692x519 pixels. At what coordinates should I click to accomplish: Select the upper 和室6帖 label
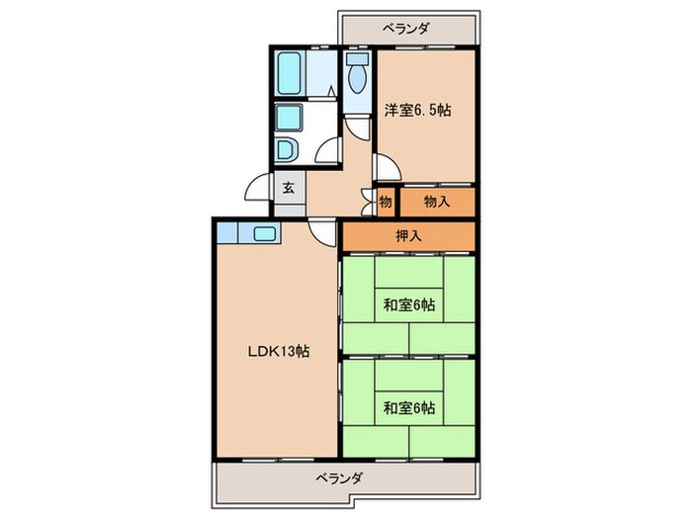[x=408, y=306]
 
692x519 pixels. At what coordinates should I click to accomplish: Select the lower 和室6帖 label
[x=408, y=406]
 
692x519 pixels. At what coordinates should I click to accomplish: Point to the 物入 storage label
[x=436, y=201]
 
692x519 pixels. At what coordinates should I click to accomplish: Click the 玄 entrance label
[x=289, y=187]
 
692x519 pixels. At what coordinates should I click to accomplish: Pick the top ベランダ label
[x=407, y=29]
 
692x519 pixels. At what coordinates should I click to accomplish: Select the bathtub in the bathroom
[x=289, y=71]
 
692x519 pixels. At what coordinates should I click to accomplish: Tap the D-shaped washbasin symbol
[x=286, y=151]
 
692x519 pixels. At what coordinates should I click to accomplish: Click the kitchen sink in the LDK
[x=264, y=234]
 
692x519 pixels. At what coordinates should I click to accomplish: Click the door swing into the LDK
[x=322, y=233]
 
